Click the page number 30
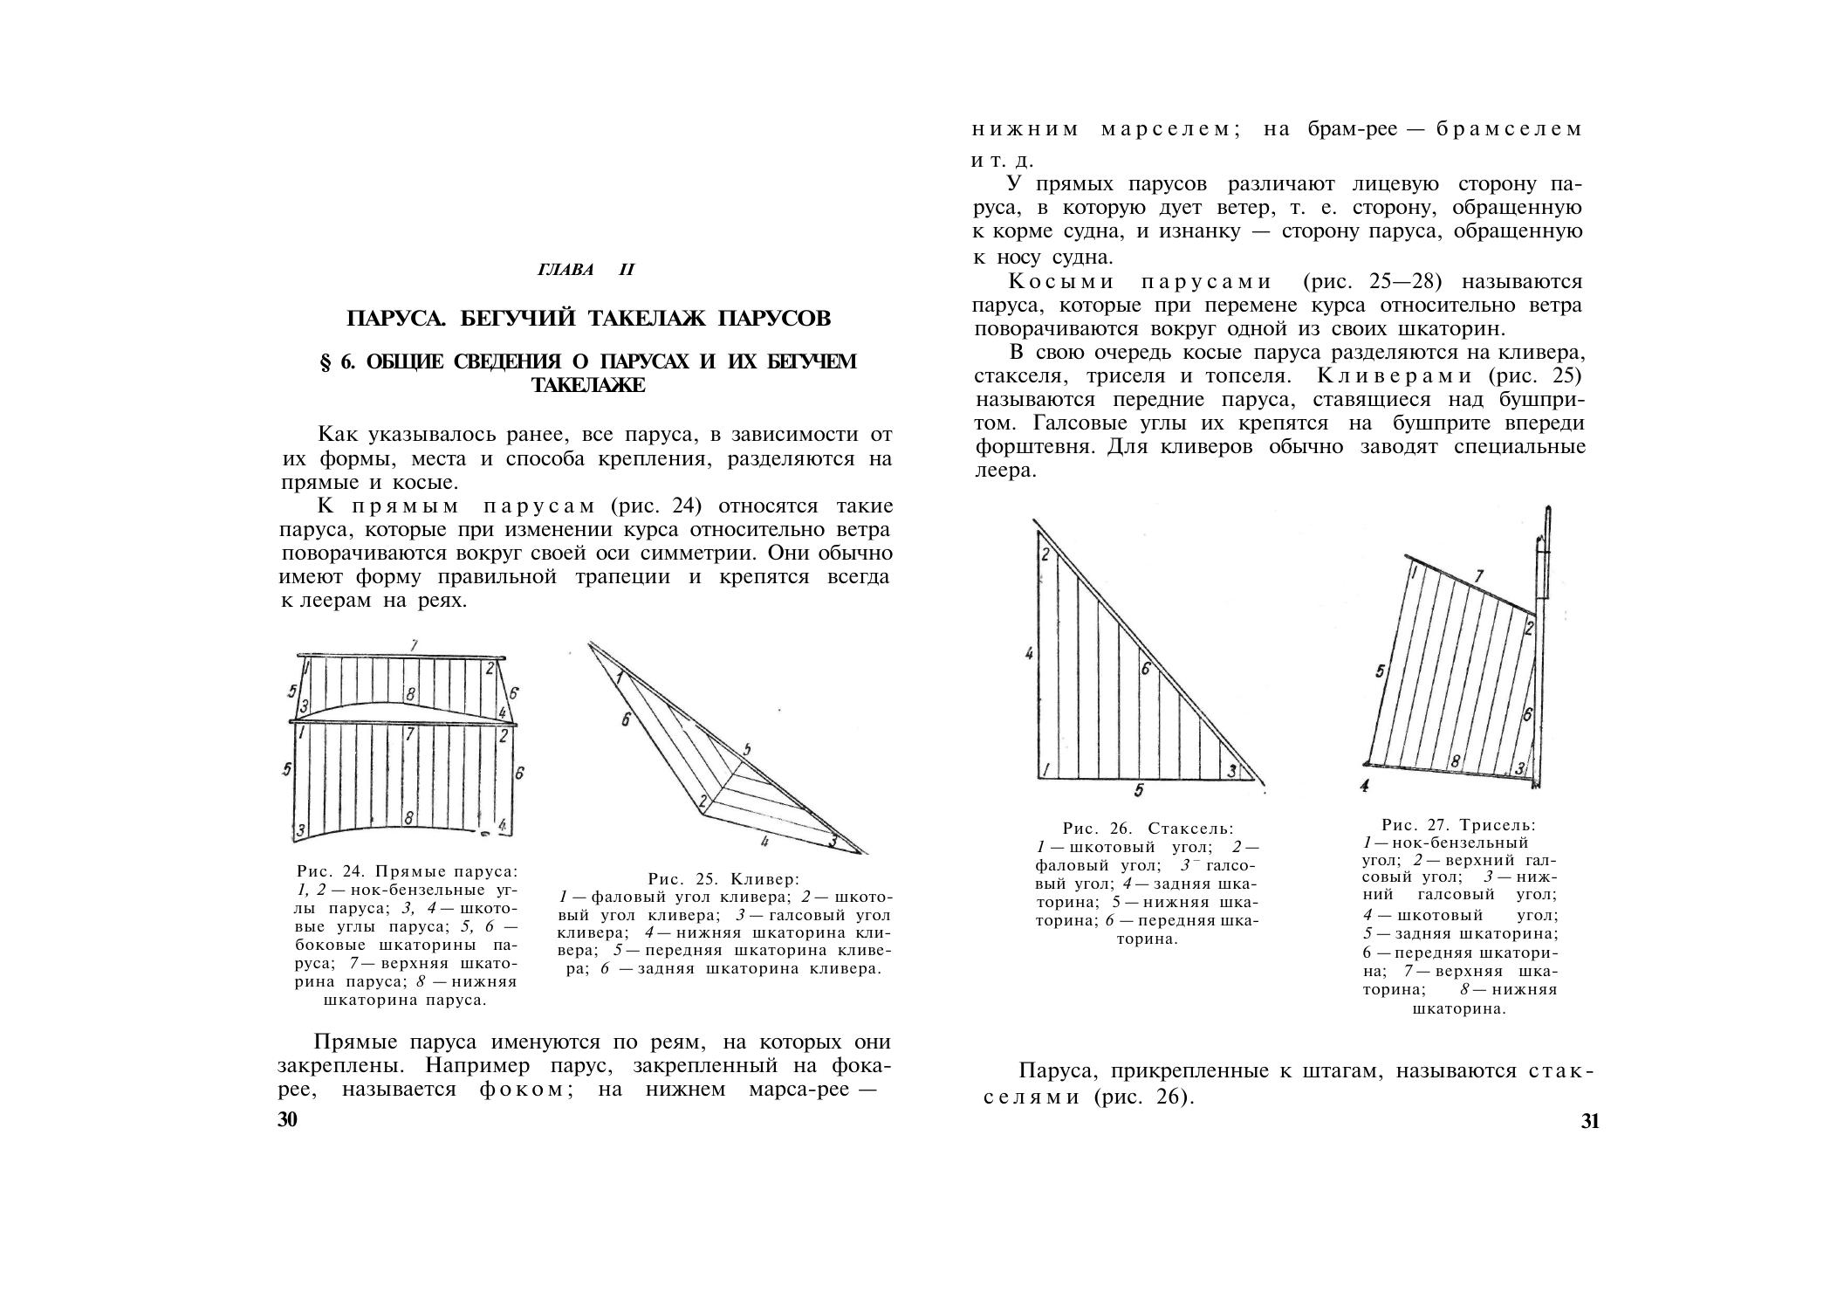point(288,1121)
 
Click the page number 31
point(1590,1122)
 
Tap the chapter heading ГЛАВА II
point(586,270)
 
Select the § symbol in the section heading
point(327,361)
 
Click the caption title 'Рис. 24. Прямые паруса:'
point(407,871)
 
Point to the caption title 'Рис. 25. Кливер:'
point(723,878)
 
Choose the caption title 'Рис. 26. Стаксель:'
point(1148,828)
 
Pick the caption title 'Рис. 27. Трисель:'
point(1458,824)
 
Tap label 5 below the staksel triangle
point(1139,791)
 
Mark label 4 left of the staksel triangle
point(1030,653)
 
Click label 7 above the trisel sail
point(1477,576)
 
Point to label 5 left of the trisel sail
point(1380,671)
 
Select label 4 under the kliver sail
point(764,843)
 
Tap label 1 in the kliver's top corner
point(619,678)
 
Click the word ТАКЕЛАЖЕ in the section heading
point(588,385)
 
